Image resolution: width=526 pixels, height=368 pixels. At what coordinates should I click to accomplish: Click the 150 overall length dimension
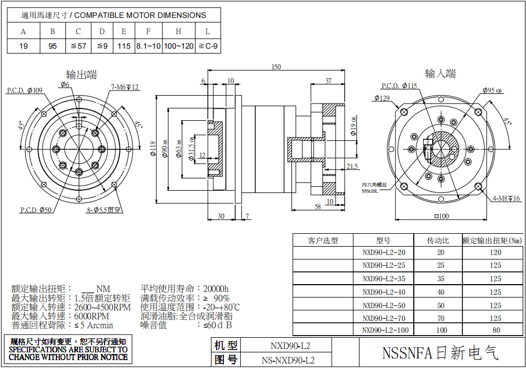coord(276,67)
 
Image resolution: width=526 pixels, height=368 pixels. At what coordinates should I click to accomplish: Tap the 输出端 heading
coord(82,74)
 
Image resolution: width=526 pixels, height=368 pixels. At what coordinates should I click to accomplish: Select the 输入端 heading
coord(440,73)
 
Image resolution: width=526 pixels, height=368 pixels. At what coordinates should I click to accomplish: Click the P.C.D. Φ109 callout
coord(25,90)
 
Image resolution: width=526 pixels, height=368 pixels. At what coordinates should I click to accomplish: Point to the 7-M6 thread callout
coord(125,87)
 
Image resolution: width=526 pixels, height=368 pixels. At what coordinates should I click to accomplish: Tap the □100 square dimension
coord(442,216)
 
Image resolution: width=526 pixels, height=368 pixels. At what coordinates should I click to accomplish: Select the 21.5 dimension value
coord(352,167)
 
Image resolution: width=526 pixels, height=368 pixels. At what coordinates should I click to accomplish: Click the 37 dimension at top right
coord(328,81)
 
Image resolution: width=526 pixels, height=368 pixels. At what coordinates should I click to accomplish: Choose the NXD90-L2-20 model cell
coord(384,252)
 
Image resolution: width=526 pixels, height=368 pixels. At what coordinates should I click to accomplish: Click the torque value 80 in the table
coord(496,330)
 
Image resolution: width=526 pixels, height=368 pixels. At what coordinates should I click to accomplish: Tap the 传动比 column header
coord(438,240)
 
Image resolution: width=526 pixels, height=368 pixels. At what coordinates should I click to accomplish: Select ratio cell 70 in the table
coord(441,317)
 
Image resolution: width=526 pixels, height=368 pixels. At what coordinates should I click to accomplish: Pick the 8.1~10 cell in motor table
coord(148,46)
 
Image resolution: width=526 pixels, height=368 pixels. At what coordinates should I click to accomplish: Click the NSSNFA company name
coord(439,353)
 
